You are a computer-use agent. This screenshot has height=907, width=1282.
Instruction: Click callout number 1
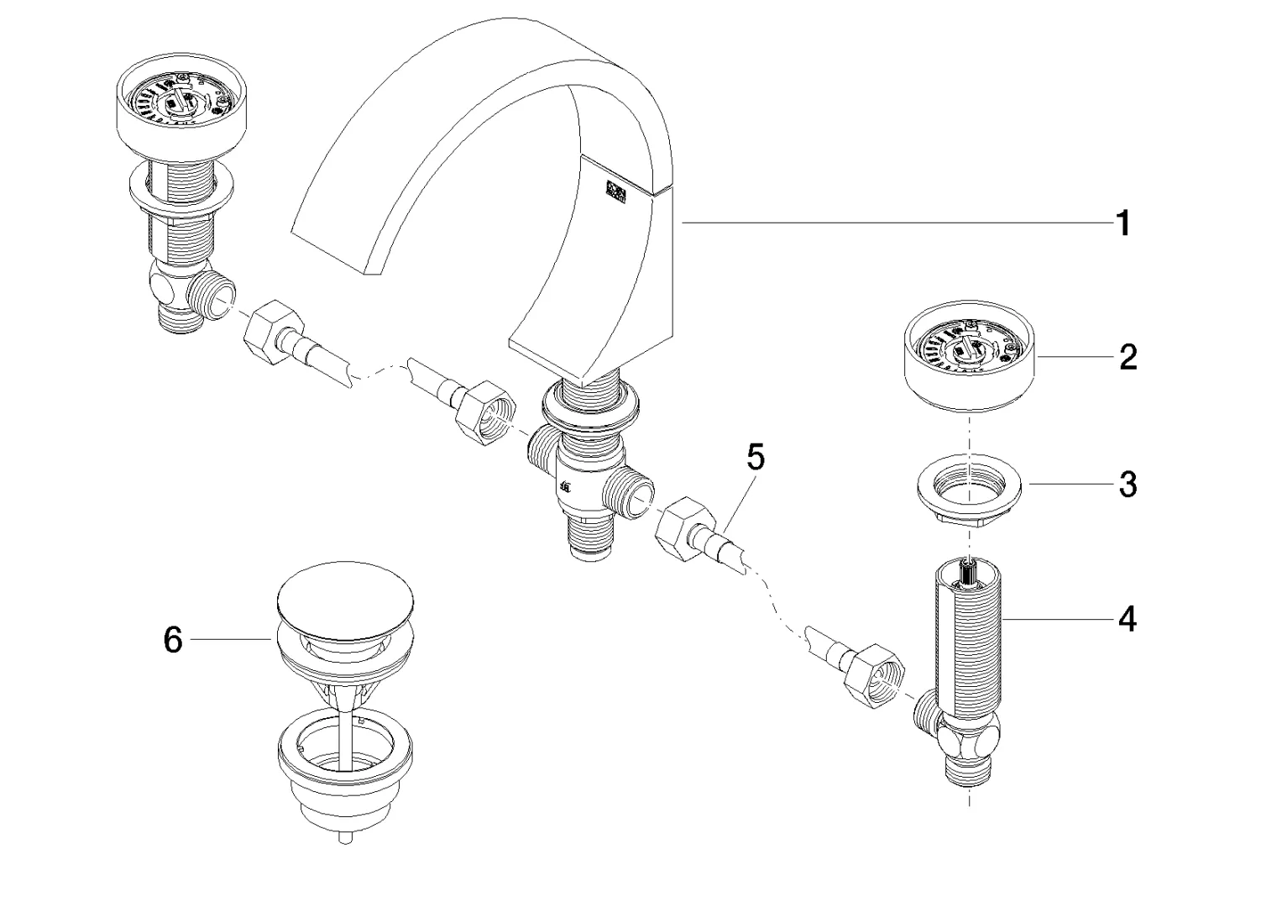[1122, 224]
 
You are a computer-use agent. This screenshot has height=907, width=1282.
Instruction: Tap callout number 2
[1128, 357]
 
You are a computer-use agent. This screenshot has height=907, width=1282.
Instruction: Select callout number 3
[1128, 485]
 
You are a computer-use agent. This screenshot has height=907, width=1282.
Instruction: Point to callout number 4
[1128, 620]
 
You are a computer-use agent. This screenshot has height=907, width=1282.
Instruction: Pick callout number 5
[756, 459]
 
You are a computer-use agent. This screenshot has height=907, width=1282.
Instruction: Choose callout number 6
[172, 640]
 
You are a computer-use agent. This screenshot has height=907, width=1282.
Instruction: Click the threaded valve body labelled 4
[970, 638]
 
